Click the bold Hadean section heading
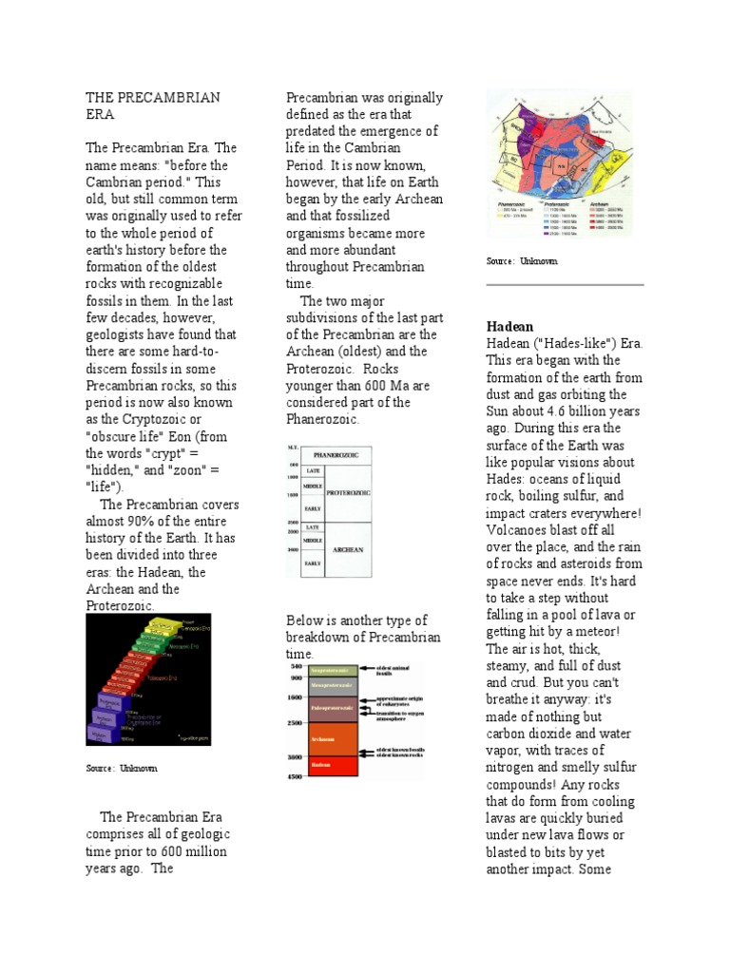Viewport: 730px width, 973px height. [509, 326]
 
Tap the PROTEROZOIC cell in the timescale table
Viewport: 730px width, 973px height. [348, 493]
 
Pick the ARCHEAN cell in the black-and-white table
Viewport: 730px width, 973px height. [348, 548]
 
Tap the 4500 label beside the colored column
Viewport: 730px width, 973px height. [296, 777]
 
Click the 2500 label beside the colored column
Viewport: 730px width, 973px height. [296, 724]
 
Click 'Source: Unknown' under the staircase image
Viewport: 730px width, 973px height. [122, 768]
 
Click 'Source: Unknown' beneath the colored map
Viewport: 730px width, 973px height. [522, 261]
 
